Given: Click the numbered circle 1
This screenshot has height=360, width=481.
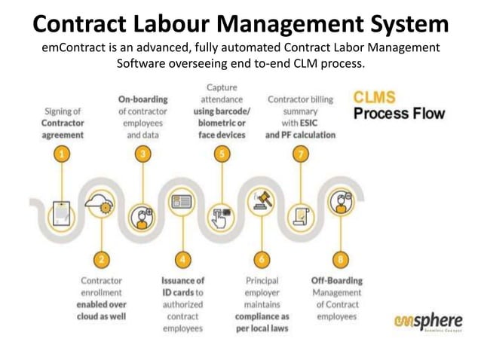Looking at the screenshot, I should pyautogui.click(x=62, y=154).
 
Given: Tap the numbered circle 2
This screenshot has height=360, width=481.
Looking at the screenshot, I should pyautogui.click(x=101, y=259).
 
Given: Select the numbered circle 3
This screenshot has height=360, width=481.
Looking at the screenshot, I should pyautogui.click(x=142, y=154).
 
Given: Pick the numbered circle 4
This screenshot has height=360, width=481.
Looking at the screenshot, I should pyautogui.click(x=182, y=259).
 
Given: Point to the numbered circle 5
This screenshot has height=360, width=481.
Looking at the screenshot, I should pyautogui.click(x=222, y=154).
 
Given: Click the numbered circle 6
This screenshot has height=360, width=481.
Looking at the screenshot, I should pyautogui.click(x=262, y=259).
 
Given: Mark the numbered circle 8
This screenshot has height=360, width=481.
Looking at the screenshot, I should pyautogui.click(x=341, y=259).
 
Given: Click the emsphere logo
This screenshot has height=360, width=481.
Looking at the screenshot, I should pyautogui.click(x=427, y=320).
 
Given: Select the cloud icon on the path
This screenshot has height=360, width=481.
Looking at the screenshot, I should pyautogui.click(x=101, y=202).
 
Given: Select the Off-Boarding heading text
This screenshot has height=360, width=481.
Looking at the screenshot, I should pyautogui.click(x=337, y=280).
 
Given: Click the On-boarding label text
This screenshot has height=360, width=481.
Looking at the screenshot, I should pyautogui.click(x=142, y=99).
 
